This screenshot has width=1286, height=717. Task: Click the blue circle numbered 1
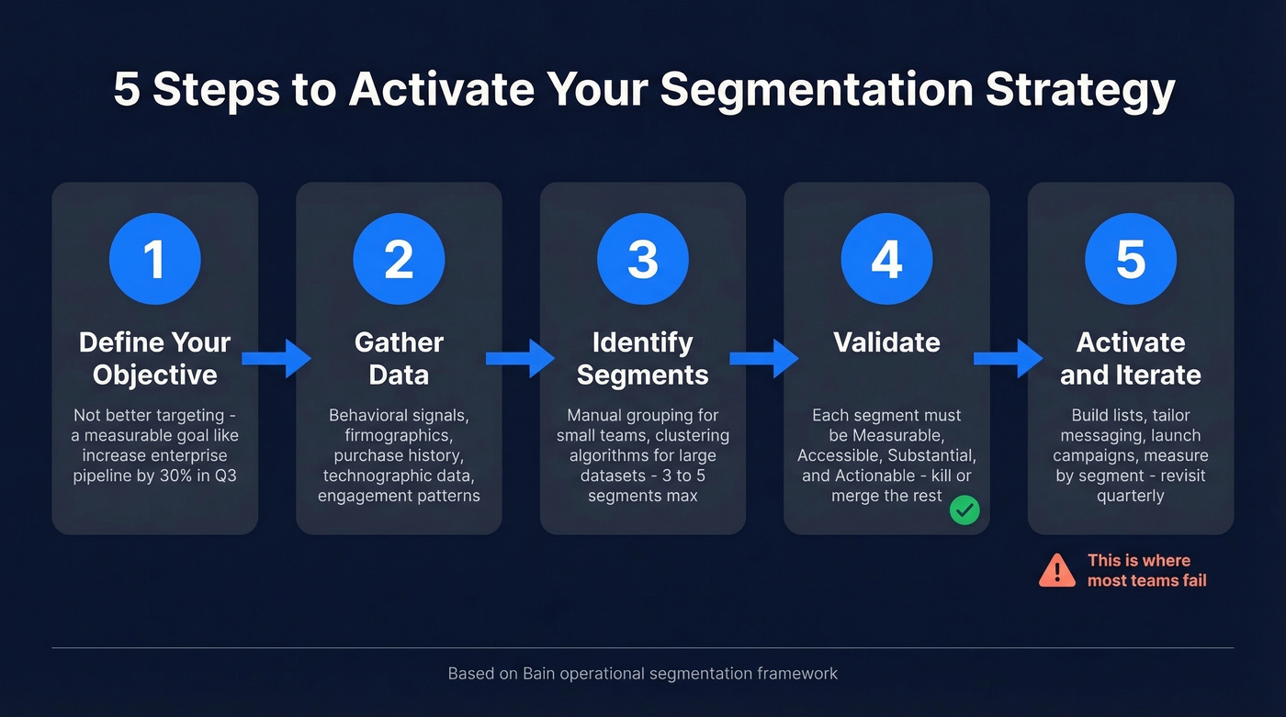coord(154,259)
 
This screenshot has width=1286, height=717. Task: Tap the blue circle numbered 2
coord(399,259)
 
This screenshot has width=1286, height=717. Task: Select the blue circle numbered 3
coord(642,259)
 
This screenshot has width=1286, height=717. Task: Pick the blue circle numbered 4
coord(886,259)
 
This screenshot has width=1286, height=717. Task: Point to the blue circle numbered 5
coord(1130,259)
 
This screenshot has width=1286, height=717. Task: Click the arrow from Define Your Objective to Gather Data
coord(276,358)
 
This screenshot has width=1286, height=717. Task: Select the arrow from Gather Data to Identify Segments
coord(521,358)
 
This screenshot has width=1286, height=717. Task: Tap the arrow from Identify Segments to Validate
coord(764,358)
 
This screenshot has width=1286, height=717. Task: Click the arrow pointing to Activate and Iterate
coord(1009,358)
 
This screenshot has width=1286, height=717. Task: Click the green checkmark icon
coord(964,510)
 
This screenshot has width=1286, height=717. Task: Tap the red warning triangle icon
coord(1057,570)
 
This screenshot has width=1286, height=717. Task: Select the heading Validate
coord(886,342)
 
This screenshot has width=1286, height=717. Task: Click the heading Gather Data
coord(399,358)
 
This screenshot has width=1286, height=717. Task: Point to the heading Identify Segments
coord(642,358)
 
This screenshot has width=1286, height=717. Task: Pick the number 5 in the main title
coord(127,90)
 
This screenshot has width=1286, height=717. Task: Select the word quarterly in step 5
coord(1130,496)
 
